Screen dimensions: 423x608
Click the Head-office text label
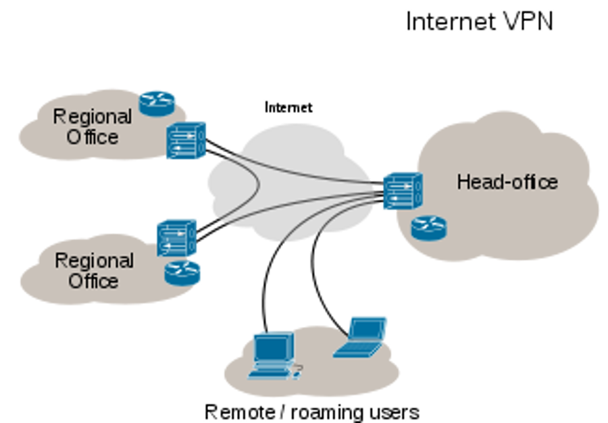[507, 182]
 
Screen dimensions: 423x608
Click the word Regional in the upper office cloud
[92, 117]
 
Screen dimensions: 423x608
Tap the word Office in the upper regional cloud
[92, 136]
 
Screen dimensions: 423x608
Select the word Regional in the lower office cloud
[94, 261]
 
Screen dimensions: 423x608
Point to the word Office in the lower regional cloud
[93, 280]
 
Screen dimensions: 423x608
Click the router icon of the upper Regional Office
[158, 101]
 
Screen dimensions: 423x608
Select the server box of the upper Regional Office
[186, 140]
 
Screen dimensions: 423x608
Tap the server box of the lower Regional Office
[177, 237]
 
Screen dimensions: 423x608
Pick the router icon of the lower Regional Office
[183, 272]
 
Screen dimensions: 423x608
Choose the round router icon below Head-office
[429, 228]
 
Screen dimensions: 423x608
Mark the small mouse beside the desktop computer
[297, 368]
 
